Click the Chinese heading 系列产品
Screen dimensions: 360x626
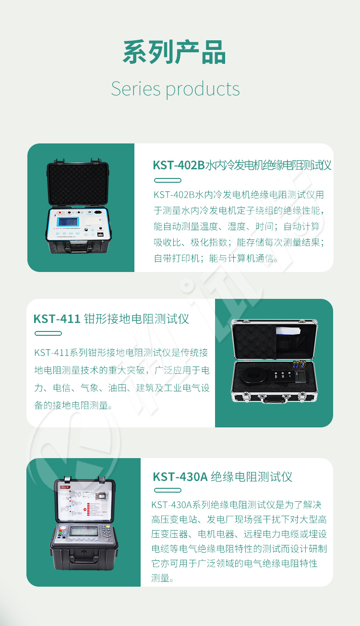click(x=174, y=52)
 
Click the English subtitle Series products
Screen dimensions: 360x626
click(x=175, y=89)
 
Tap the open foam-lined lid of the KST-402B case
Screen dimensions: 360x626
click(x=78, y=183)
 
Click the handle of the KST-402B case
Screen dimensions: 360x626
click(x=79, y=249)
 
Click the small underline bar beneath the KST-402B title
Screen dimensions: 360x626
click(x=168, y=180)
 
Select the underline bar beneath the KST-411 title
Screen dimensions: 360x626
click(x=48, y=333)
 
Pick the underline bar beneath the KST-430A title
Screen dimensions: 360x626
click(x=168, y=490)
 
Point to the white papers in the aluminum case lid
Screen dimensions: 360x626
click(x=288, y=331)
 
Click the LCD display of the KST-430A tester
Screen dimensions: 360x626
click(x=84, y=532)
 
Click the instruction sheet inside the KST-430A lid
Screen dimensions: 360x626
click(x=84, y=500)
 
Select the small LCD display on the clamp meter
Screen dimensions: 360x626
click(x=300, y=375)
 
